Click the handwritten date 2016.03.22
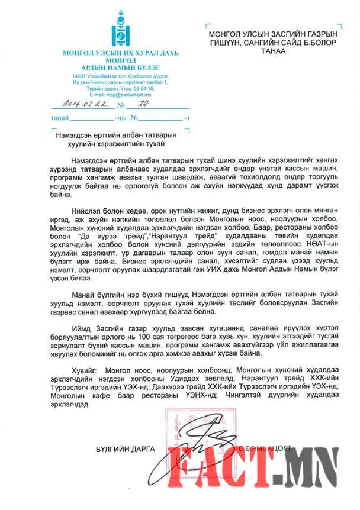pyautogui.click(x=82, y=105)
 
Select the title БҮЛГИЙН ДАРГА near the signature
pyautogui.click(x=125, y=448)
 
